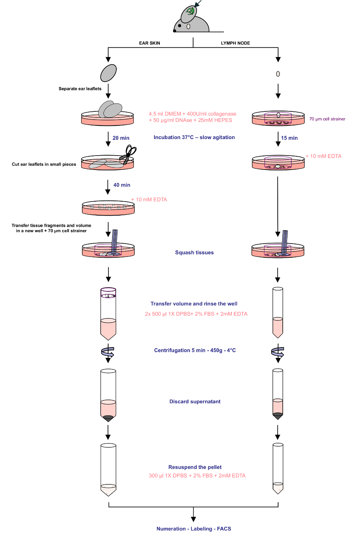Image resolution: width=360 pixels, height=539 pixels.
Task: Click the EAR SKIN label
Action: click(x=149, y=43)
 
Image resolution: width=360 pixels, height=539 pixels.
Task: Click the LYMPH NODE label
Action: click(x=235, y=43)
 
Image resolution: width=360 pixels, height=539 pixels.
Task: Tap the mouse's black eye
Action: click(x=180, y=26)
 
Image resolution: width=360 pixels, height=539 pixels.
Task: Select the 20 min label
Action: click(x=121, y=138)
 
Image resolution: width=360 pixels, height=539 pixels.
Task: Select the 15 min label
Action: click(x=289, y=138)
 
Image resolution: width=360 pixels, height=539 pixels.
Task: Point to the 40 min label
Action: click(x=122, y=185)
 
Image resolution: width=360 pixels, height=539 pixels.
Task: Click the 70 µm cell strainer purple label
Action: click(x=327, y=119)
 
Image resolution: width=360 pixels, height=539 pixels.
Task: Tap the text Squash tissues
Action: click(x=194, y=252)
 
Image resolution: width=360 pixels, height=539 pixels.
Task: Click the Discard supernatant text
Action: click(x=195, y=401)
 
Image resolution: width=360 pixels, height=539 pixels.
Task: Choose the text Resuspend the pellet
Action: click(x=195, y=467)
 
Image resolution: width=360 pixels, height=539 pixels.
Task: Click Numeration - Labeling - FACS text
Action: click(x=194, y=529)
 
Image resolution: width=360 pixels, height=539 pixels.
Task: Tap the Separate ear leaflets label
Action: click(x=80, y=88)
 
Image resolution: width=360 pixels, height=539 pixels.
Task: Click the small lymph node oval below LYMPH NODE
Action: click(x=278, y=74)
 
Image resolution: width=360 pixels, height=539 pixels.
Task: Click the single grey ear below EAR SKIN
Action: click(x=109, y=73)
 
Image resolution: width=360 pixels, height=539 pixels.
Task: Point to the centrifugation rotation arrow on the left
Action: click(x=107, y=352)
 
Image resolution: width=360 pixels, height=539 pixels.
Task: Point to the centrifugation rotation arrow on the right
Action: click(x=278, y=352)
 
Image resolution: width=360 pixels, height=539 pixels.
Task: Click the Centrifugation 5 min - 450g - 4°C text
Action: click(x=195, y=350)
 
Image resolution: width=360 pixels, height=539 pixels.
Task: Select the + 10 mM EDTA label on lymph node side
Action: click(x=323, y=156)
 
